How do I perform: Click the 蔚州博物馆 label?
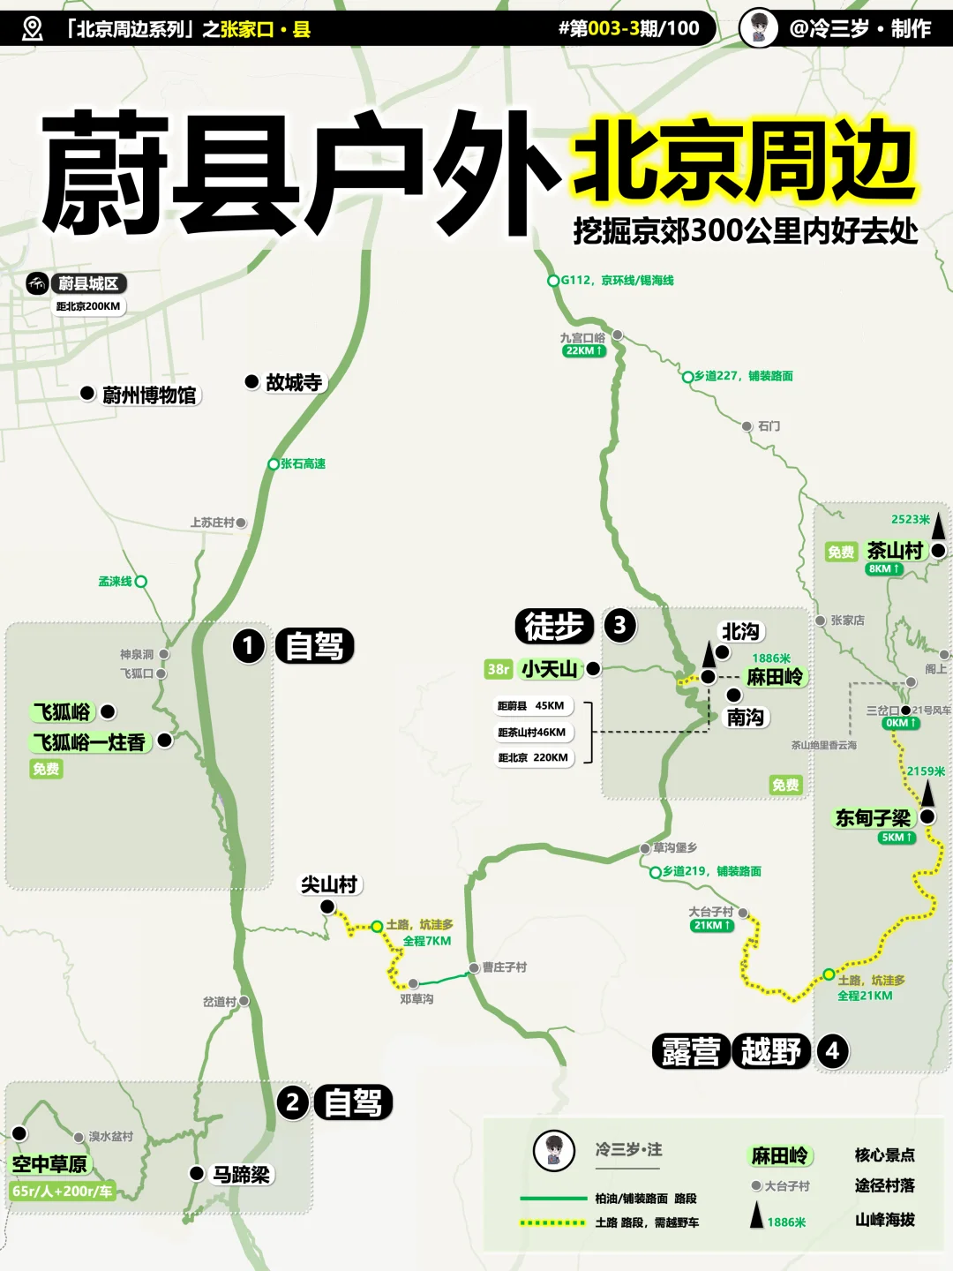149,395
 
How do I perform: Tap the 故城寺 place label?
294,382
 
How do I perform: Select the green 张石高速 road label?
303,464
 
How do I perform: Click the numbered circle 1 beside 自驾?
249,646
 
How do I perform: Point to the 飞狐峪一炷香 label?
89,742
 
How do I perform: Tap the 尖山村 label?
329,884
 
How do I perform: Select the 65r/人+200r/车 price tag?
62,1192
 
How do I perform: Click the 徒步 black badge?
554,627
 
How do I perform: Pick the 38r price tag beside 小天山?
499,670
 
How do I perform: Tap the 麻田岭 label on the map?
776,677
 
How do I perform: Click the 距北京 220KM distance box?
533,757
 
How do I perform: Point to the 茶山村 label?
895,551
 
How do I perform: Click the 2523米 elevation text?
911,520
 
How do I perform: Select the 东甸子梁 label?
873,818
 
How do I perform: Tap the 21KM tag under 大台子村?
711,926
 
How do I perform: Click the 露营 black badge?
691,1051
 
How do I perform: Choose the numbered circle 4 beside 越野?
832,1051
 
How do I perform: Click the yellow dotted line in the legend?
552,1223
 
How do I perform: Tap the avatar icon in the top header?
758,28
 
